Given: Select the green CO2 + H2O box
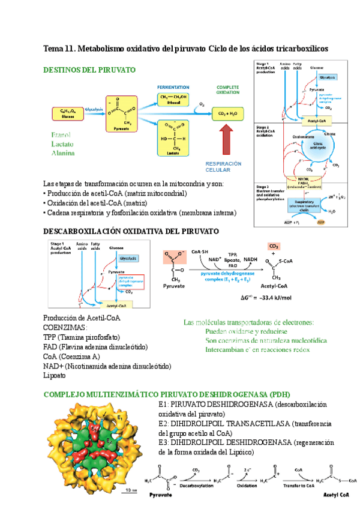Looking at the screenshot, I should [227, 113].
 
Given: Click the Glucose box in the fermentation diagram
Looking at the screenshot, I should [63, 113].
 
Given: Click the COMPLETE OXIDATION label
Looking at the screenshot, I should [227, 90].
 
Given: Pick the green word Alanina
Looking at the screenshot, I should [63, 154].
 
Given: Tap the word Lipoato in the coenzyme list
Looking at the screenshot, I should [55, 376].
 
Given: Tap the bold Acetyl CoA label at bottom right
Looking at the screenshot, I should [341, 496].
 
